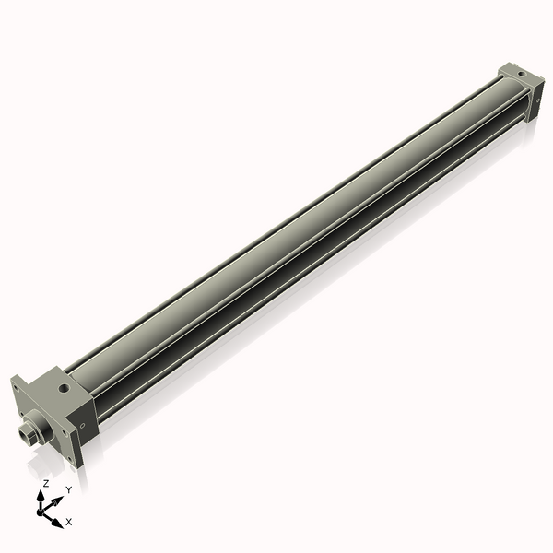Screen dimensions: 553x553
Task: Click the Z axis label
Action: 46,483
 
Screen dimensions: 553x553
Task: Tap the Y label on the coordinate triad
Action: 68,489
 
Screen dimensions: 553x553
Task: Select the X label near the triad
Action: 69,522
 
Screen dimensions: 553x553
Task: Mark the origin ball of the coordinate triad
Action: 42,510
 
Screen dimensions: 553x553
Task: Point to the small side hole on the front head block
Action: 84,427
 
